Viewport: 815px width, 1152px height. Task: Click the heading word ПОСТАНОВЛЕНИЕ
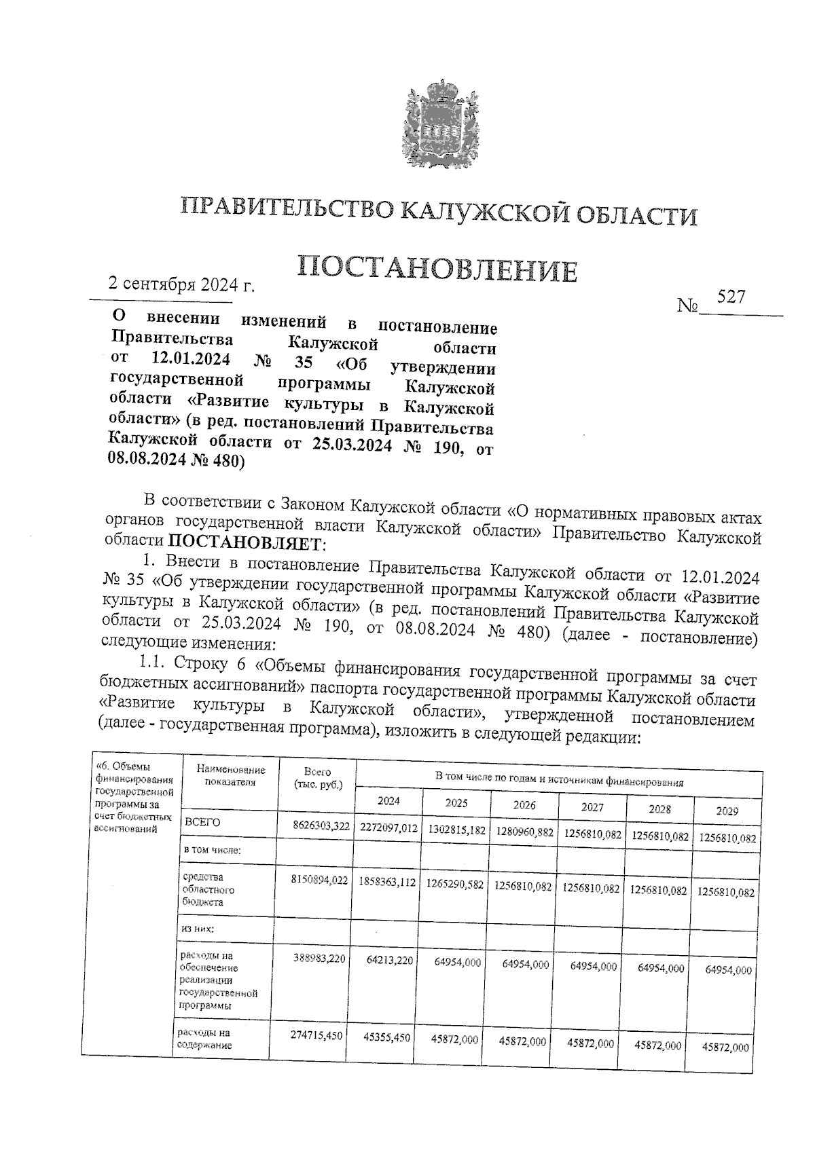[x=437, y=269]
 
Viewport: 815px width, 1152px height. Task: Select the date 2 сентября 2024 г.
[x=181, y=284]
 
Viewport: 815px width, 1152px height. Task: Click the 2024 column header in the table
[x=388, y=801]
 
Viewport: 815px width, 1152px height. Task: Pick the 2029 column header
[x=727, y=811]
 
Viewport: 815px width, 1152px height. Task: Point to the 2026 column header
[x=524, y=805]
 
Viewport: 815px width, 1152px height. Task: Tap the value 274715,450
[x=316, y=1036]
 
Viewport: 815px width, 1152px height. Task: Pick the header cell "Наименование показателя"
[x=230, y=775]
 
